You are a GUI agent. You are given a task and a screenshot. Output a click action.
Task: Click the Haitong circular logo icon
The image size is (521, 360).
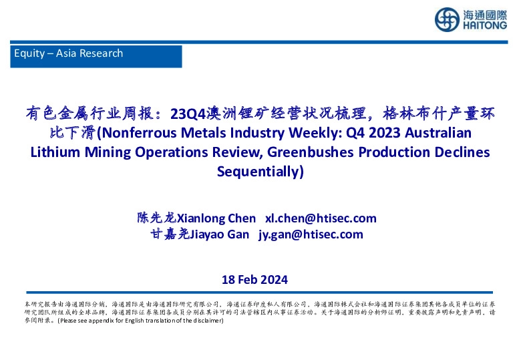pos(446,20)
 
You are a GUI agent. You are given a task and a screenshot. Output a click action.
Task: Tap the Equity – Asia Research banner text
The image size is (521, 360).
pos(68,53)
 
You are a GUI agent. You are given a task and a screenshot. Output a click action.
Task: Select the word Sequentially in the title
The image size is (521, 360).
pos(260,172)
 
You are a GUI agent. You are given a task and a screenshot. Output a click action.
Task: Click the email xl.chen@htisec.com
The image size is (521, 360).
pos(321,218)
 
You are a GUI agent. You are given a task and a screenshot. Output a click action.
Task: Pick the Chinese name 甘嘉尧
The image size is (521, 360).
pos(170,234)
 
